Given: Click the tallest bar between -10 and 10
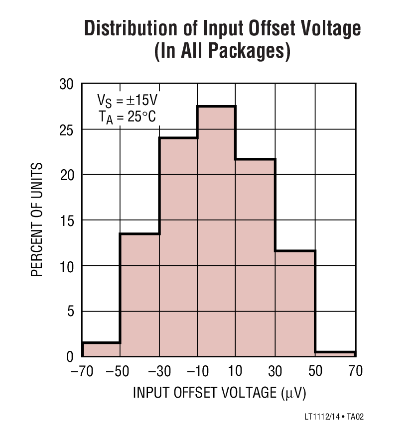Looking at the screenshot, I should click(x=216, y=231).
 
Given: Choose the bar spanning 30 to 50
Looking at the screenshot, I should click(x=295, y=304).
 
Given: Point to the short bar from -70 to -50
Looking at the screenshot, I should click(x=101, y=350).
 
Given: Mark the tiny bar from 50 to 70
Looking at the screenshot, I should click(x=335, y=354).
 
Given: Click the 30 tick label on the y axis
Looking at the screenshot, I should click(x=66, y=85).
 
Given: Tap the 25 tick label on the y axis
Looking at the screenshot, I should click(x=66, y=130).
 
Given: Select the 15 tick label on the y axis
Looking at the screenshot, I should click(x=66, y=220).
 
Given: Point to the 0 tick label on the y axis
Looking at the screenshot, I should click(x=70, y=357).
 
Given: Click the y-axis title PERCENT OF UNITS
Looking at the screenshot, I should click(x=38, y=219).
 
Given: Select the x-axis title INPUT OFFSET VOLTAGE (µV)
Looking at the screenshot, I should click(x=219, y=393).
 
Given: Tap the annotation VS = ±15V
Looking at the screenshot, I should click(x=127, y=101).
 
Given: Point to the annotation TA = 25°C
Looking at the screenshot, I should click(x=127, y=117).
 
